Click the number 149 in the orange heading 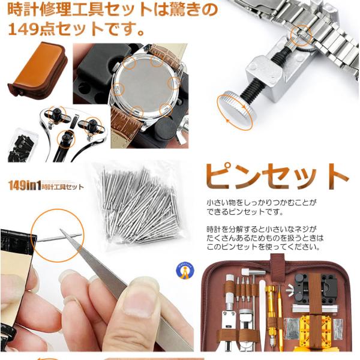(23, 29)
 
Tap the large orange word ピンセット (277, 176)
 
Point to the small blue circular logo (185, 271)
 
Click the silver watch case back (146, 85)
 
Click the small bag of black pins (22, 146)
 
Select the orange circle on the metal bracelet (301, 35)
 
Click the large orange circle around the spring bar (58, 236)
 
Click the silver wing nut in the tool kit (290, 289)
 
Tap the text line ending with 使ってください (263, 247)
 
